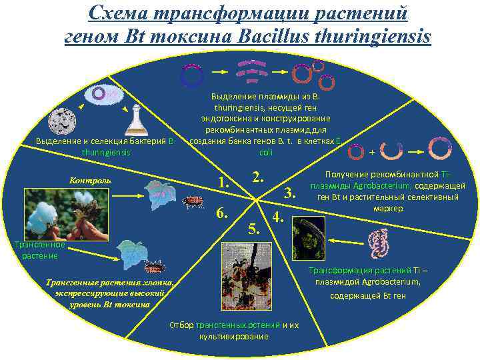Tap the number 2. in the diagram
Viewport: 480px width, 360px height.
click(257, 177)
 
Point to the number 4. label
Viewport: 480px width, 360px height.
click(278, 217)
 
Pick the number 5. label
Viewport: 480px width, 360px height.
click(253, 230)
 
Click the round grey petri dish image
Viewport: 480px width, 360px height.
click(67, 122)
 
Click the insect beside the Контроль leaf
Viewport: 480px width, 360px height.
click(194, 201)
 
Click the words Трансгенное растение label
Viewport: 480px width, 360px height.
click(39, 250)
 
